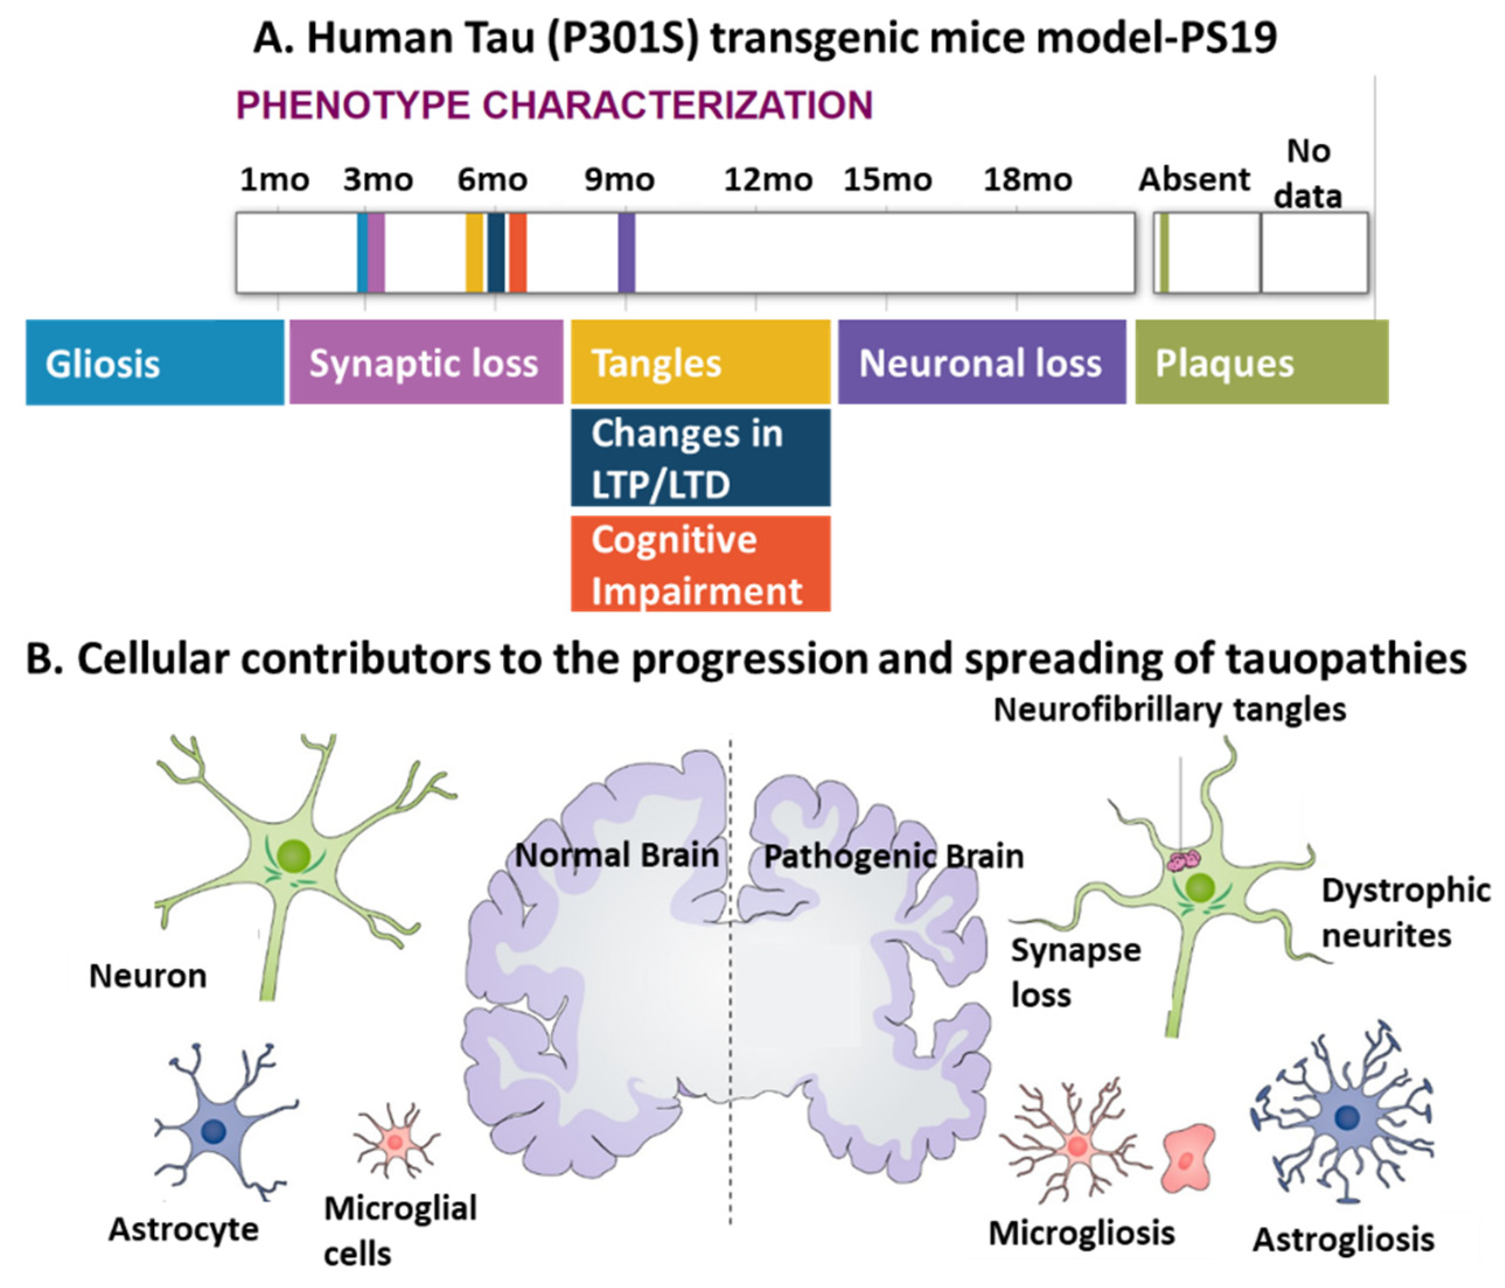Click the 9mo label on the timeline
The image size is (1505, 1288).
620,179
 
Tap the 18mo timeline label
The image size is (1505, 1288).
1027,179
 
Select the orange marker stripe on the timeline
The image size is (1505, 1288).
517,253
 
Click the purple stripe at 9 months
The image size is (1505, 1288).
626,253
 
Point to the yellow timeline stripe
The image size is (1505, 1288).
474,253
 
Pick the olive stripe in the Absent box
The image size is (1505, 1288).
1164,253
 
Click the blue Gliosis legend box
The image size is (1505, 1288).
155,362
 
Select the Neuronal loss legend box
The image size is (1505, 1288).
982,362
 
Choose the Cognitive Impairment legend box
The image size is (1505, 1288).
700,564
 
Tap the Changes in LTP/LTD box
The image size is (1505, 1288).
700,457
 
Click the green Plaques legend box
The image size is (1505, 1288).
1261,362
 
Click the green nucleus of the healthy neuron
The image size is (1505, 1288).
294,857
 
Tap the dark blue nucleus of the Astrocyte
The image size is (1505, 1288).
214,1130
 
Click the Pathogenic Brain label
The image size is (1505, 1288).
893,857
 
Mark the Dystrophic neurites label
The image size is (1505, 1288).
1405,913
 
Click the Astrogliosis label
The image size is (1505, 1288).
1343,1240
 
